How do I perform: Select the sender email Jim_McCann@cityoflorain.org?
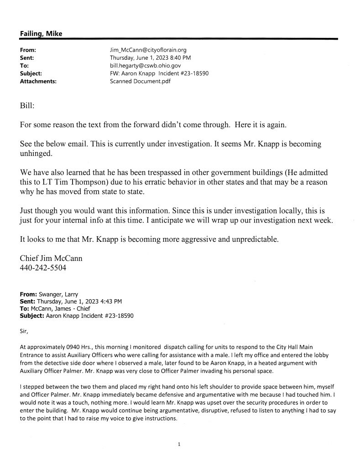tap(148, 49)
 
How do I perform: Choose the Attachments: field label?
tap(38, 81)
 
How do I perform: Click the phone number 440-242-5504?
tap(43, 268)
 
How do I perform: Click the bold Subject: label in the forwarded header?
tap(31, 315)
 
